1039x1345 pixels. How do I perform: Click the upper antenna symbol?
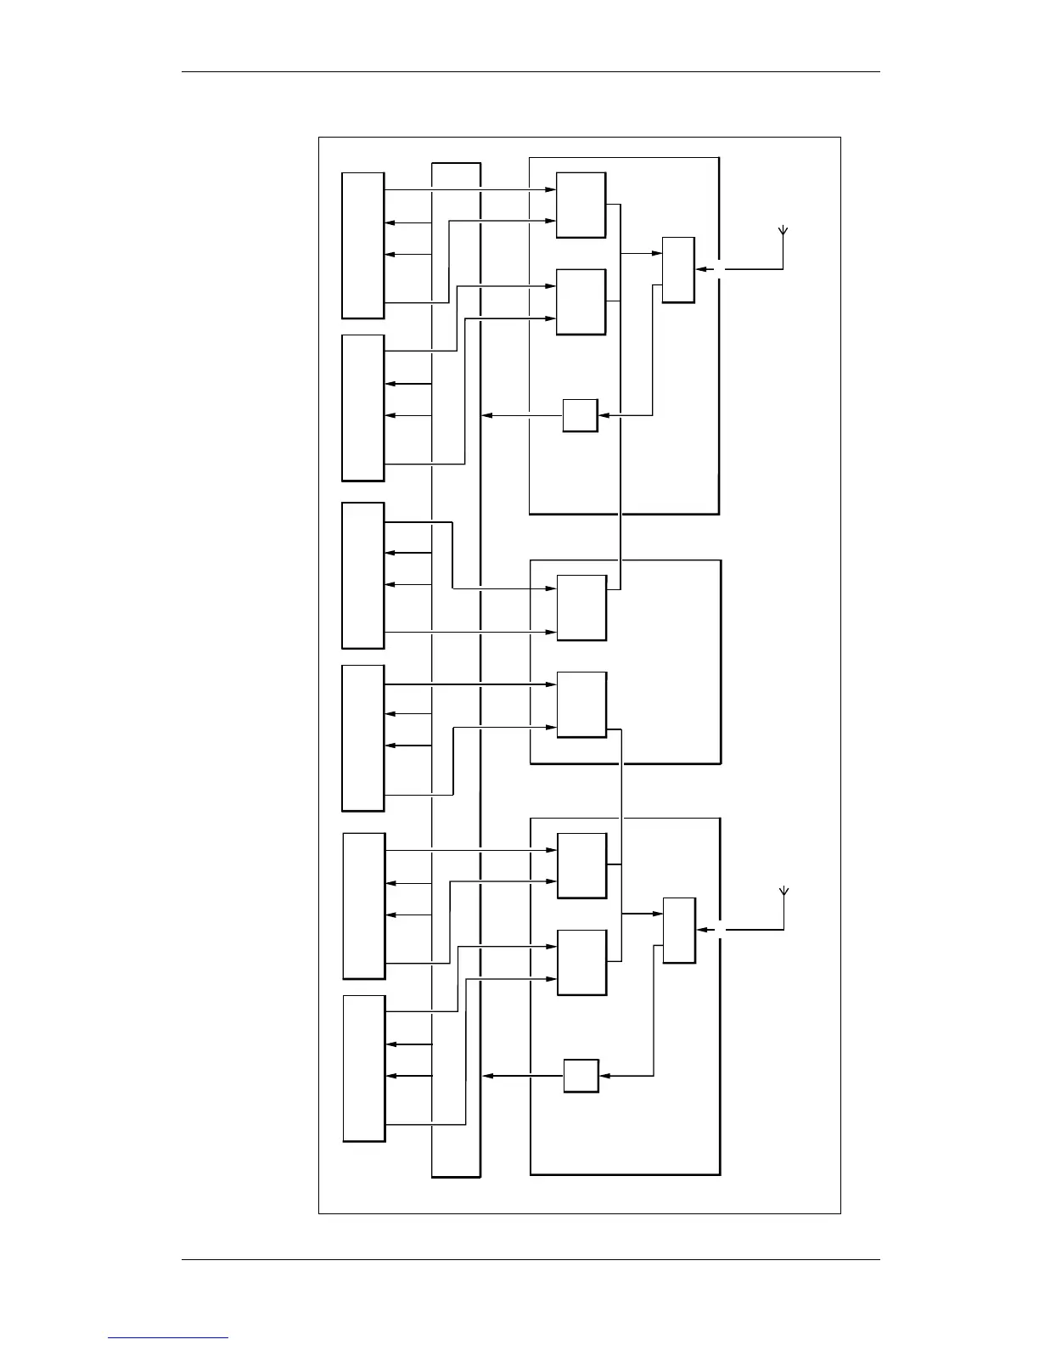(783, 232)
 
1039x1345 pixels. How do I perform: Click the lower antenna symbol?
(783, 892)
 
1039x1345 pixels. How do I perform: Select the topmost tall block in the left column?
(362, 245)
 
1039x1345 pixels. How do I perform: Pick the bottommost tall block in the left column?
(364, 1068)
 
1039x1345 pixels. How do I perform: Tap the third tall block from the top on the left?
(362, 576)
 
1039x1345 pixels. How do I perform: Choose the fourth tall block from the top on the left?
(362, 738)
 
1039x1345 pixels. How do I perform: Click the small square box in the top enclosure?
(580, 415)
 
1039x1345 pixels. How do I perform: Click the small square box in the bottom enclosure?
(581, 1076)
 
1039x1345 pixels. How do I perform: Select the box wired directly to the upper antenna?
(678, 270)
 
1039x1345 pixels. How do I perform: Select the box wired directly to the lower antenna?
(679, 931)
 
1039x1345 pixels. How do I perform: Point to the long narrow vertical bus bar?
(456, 670)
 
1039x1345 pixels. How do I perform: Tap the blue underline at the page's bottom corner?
(168, 1337)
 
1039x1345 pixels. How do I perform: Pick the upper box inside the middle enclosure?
(581, 608)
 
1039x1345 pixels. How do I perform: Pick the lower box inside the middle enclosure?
(581, 705)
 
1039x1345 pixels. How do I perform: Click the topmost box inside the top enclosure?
(581, 205)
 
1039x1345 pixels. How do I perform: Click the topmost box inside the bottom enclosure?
(581, 866)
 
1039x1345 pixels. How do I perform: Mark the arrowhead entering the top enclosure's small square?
(604, 415)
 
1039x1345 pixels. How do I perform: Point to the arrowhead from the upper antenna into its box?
(700, 270)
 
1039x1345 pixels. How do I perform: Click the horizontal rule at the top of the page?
(531, 72)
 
